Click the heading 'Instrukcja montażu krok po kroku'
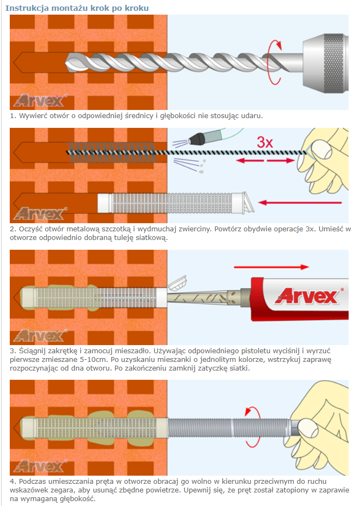pos(77,8)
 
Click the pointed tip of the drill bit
pos(65,63)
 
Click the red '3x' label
pos(265,142)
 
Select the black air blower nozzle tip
pos(196,139)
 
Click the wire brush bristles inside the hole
pos(111,152)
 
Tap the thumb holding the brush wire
pos(321,150)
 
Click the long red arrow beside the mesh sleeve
pos(300,203)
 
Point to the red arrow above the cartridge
pos(271,267)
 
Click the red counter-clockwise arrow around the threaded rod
pos(253,426)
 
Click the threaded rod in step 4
pos(230,428)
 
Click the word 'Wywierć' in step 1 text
pos(33,116)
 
